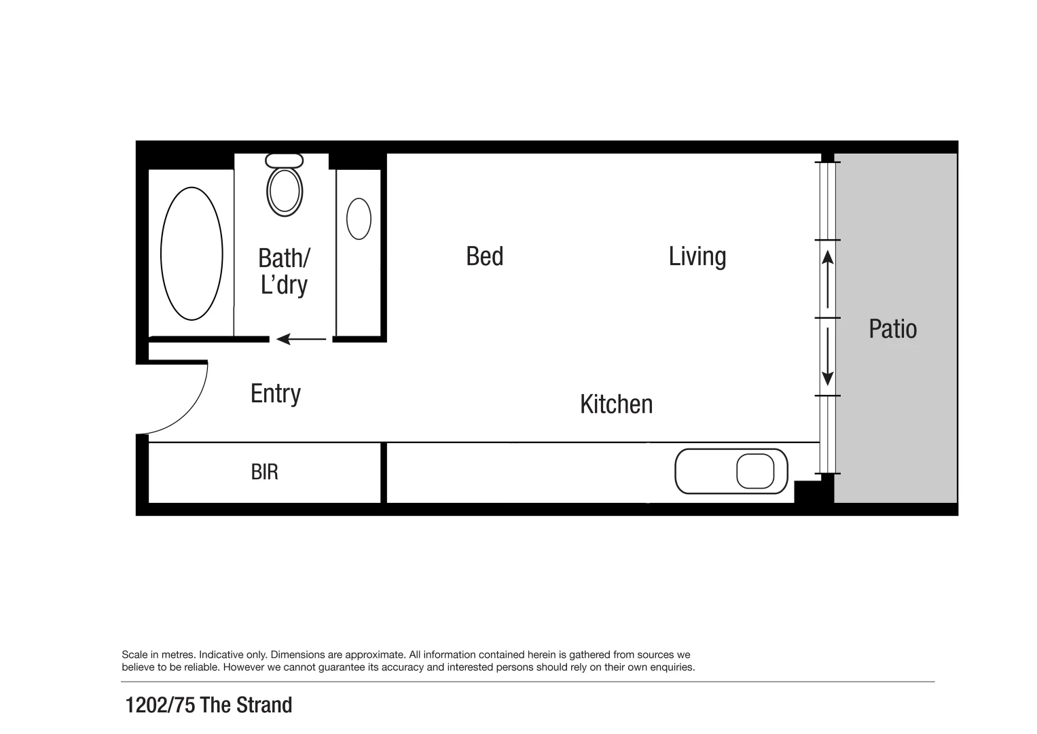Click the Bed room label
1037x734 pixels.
(484, 256)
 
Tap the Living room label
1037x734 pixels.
(697, 256)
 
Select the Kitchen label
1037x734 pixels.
(616, 404)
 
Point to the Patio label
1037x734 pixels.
(892, 329)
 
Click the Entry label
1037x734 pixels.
(275, 394)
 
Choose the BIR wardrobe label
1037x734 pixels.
(264, 472)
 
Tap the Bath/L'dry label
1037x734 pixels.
(284, 271)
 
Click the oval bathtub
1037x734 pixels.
(192, 254)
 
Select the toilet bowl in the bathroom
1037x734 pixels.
(285, 191)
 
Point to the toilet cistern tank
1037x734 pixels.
(285, 160)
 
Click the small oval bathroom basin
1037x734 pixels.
(359, 219)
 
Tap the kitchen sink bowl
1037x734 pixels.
(755, 471)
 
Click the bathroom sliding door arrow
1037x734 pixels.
(301, 338)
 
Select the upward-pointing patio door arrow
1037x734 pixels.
(827, 279)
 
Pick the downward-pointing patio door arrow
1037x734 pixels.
(827, 357)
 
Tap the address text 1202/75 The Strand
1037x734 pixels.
(208, 705)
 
